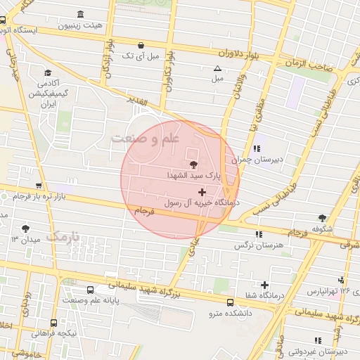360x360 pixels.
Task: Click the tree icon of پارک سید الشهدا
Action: [194, 163]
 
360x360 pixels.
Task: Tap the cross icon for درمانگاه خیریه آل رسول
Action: [202, 191]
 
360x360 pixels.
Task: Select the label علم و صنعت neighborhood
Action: [146, 139]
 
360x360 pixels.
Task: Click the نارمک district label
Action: [63, 236]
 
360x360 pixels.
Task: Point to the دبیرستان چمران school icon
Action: [257, 148]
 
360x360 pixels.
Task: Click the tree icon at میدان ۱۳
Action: [26, 229]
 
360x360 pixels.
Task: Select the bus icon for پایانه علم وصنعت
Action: [90, 290]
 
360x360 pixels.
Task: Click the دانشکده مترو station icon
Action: [231, 302]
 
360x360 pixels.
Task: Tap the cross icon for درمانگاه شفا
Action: [264, 285]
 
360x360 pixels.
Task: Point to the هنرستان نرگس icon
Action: [259, 234]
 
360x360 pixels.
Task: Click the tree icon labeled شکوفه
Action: [322, 218]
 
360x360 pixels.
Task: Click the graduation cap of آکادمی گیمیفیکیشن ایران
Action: [47, 73]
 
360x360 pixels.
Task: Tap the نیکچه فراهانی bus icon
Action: [53, 323]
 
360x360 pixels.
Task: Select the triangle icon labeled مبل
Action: [217, 68]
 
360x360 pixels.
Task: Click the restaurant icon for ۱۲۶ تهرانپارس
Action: [341, 279]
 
